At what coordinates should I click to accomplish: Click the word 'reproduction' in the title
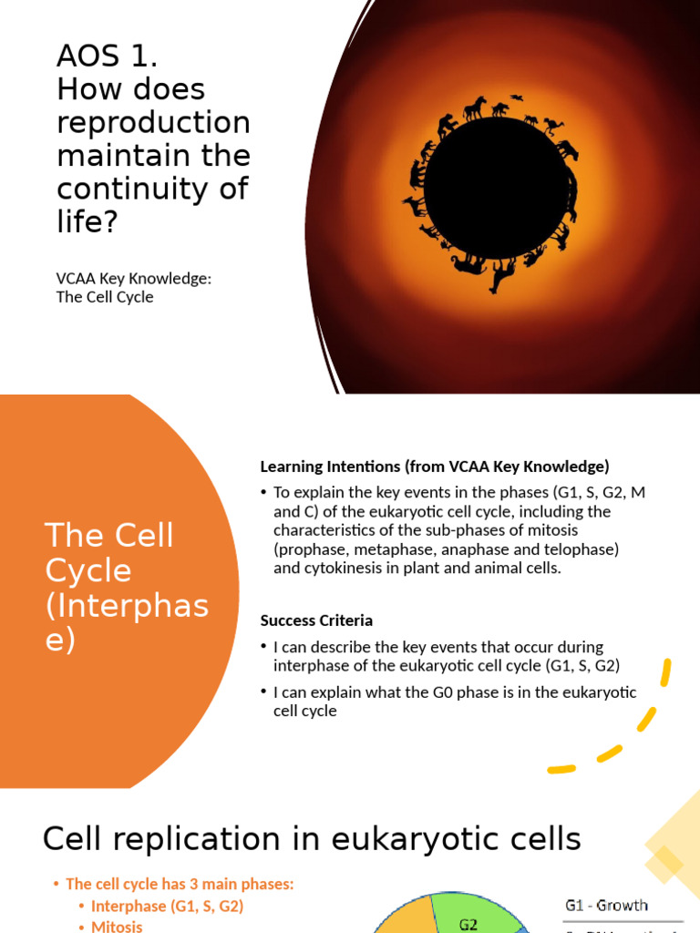coord(153,122)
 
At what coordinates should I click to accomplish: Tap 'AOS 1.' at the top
coord(107,56)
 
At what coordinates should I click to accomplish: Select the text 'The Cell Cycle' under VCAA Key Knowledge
coord(105,297)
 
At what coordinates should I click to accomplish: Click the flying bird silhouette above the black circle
coord(517,97)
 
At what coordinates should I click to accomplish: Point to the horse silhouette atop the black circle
coord(475,109)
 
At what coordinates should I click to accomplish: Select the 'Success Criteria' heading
coord(316,620)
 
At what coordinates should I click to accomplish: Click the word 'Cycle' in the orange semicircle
coord(88,571)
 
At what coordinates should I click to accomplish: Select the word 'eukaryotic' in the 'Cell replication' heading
coord(412,839)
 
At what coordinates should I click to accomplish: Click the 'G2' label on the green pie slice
coord(468,924)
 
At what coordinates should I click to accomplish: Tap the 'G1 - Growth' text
coord(606,906)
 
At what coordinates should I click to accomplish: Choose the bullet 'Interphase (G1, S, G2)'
coord(167,906)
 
